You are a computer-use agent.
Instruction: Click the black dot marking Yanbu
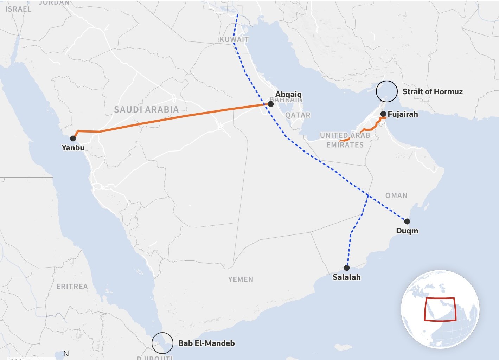(73, 139)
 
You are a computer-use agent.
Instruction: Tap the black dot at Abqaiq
(271, 104)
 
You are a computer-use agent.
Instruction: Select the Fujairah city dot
(383, 114)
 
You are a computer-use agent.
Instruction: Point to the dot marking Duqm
(407, 221)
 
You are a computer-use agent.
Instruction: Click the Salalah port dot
(347, 268)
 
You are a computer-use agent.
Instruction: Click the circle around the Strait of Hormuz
(387, 91)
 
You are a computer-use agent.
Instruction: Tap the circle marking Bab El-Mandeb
(162, 343)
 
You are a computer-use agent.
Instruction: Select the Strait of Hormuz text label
(433, 92)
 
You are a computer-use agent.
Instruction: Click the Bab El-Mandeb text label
(206, 343)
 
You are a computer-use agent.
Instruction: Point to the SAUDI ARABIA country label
(146, 110)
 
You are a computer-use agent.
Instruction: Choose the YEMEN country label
(241, 279)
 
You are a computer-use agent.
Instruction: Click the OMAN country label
(396, 195)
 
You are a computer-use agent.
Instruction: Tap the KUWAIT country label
(234, 39)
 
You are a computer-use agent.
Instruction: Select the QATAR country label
(298, 115)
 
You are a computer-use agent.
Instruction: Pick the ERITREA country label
(72, 287)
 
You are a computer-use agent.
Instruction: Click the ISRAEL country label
(18, 9)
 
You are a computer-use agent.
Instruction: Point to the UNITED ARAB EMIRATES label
(345, 140)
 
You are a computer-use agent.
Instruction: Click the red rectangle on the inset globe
(440, 309)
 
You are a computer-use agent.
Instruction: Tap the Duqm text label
(407, 231)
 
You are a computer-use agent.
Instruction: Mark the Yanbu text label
(73, 148)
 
